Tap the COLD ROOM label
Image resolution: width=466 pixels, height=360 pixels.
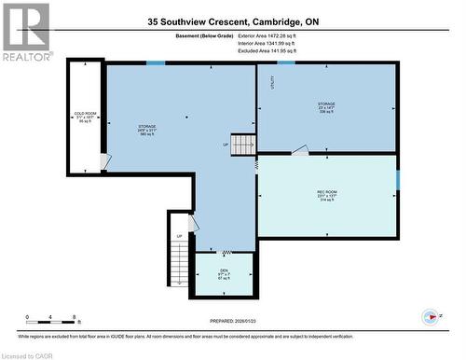click(85, 117)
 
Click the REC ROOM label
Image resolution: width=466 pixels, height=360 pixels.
click(326, 195)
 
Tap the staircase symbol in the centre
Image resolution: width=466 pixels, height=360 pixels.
click(243, 145)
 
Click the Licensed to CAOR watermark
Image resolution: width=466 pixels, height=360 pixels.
click(29, 354)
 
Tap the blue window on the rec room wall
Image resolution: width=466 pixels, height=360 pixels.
click(397, 178)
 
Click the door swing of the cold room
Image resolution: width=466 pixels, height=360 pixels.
click(105, 161)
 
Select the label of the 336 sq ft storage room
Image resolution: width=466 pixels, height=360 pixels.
click(325, 107)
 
